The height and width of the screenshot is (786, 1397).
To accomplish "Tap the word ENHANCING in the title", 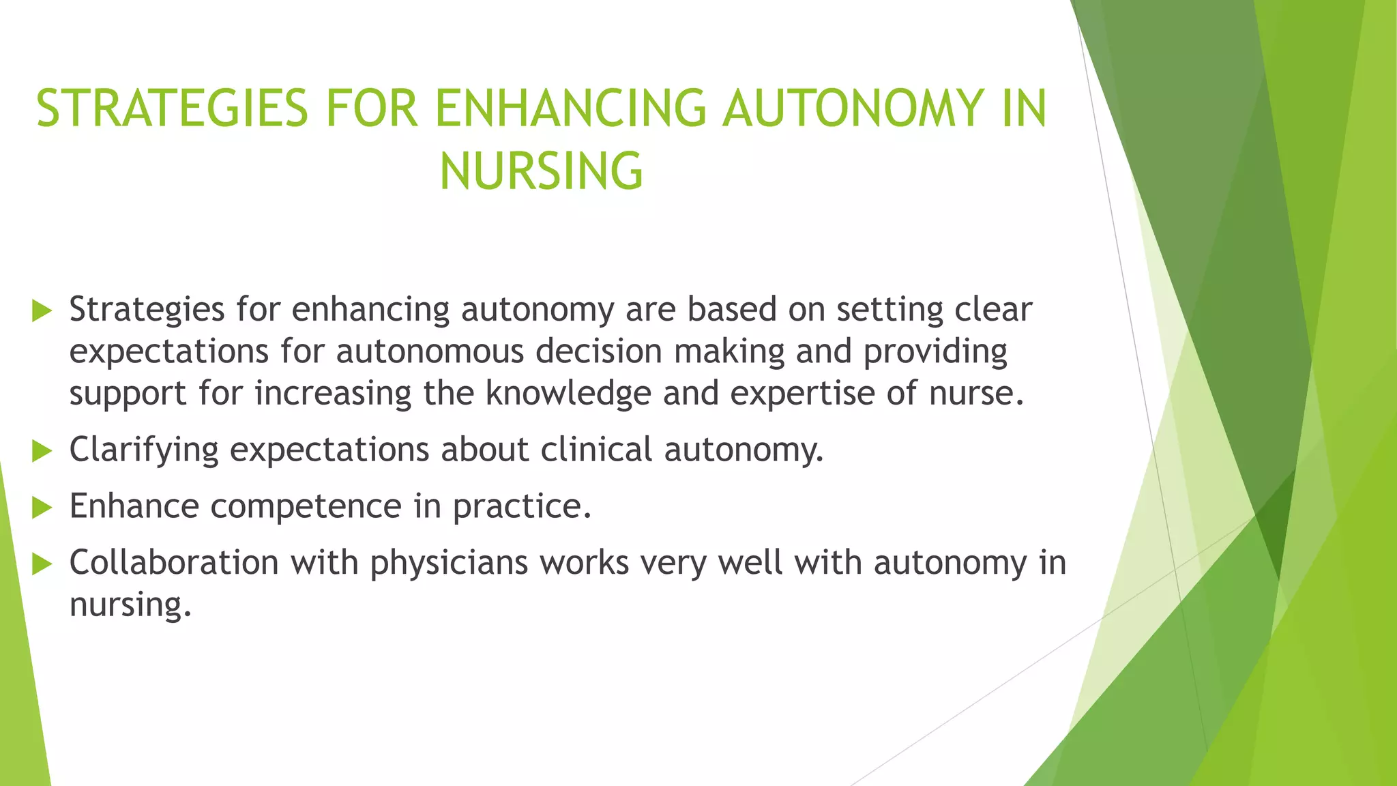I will (x=570, y=108).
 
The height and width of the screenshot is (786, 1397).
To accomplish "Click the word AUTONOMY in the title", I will (x=853, y=108).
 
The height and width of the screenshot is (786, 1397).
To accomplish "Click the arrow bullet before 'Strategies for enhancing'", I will (x=42, y=311).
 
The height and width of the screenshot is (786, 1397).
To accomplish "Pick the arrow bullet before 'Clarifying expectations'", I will (x=42, y=451).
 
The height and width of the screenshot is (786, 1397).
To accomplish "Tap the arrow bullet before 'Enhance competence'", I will (x=42, y=508).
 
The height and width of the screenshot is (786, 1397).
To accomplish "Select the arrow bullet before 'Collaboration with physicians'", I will (x=42, y=564).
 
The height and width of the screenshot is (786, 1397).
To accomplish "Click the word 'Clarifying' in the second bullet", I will (x=144, y=450).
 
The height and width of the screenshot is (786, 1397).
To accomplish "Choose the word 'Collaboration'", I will (x=174, y=563).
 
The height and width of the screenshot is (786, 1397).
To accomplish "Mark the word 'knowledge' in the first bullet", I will (x=568, y=394).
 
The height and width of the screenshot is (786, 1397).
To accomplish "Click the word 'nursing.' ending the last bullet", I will (x=130, y=605).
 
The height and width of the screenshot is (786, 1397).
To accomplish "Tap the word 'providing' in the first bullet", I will (x=935, y=352).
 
